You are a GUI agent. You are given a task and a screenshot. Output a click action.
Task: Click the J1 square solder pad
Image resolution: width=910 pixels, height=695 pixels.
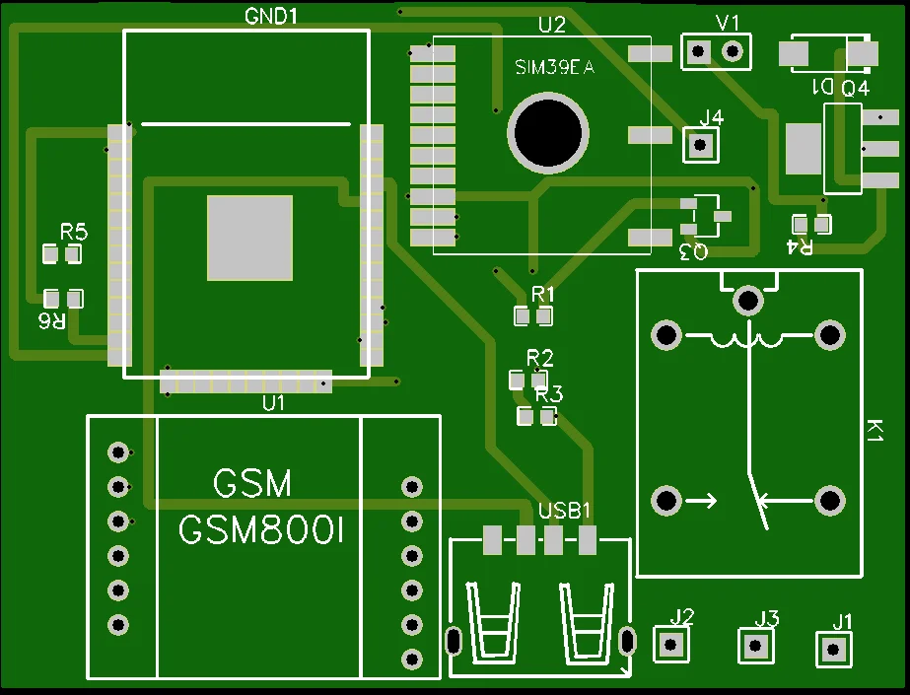point(834,649)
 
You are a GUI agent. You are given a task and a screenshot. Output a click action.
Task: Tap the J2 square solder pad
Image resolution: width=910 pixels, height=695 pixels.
point(672,645)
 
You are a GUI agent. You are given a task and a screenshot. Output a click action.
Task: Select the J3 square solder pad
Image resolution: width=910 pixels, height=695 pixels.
point(756,646)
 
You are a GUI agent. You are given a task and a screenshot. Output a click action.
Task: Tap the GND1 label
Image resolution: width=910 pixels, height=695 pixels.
point(270,17)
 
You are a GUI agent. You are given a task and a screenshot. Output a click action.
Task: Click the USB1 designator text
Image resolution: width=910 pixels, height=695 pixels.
point(565,511)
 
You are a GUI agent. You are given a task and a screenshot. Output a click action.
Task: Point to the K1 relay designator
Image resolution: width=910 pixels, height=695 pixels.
point(874,431)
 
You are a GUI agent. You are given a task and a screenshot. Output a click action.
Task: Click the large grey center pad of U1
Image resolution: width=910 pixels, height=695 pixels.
point(249,238)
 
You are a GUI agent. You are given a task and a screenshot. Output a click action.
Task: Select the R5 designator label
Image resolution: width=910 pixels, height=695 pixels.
point(74,233)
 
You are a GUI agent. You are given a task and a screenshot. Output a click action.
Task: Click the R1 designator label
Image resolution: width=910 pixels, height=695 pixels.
point(543,294)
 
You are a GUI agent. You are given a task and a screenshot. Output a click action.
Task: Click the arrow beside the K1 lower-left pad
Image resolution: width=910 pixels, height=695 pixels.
point(702,501)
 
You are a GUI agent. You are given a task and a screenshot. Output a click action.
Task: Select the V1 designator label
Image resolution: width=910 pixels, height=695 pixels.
point(728,23)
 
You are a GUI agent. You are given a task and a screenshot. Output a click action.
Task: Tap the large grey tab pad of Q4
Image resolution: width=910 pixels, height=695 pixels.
point(804,148)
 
